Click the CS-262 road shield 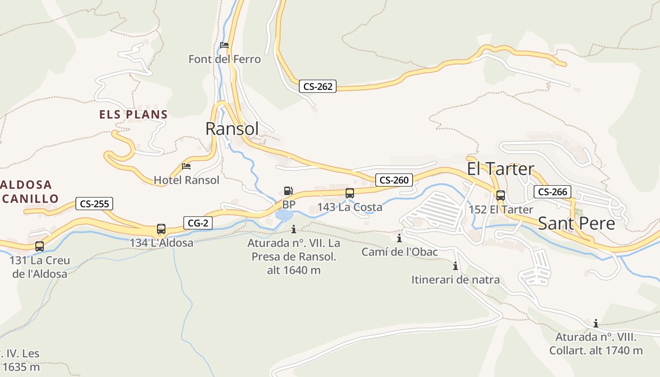tap(318, 86)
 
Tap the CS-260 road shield tap(394, 180)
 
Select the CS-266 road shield tap(553, 192)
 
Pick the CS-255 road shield tap(94, 204)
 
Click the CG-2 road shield tap(198, 223)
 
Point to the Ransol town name tap(232, 128)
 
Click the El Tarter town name tap(500, 169)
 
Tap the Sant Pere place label tap(576, 223)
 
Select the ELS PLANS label tap(133, 115)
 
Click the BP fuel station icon tap(289, 191)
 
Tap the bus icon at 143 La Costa tap(349, 193)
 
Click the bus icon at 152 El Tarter tap(500, 195)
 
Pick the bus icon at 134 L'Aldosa tap(161, 229)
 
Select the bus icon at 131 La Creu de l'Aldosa tap(40, 246)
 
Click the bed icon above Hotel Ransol tap(186, 166)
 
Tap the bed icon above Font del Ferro tap(224, 45)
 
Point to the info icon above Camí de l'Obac tap(399, 238)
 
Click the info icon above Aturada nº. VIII tap(596, 323)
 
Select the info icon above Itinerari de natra tap(455, 266)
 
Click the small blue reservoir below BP tap(284, 216)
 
